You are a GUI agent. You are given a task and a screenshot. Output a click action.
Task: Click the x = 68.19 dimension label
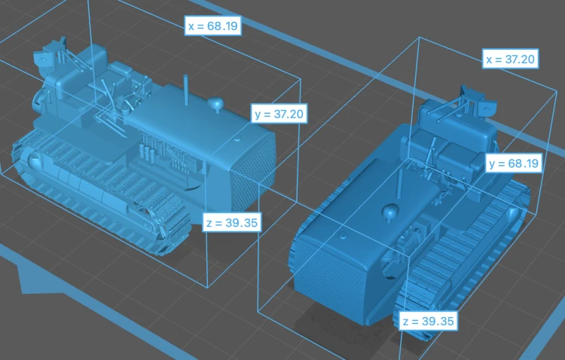click(212, 26)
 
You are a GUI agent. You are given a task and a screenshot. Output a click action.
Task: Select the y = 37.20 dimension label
click(279, 114)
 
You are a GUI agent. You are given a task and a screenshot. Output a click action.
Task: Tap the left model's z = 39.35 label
click(232, 222)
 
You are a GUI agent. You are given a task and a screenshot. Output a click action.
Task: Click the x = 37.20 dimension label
click(511, 59)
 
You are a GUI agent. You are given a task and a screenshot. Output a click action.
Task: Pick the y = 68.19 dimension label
click(514, 163)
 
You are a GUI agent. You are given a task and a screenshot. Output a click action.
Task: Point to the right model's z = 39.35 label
click(429, 321)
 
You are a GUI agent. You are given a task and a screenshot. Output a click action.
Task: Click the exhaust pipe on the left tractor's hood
click(186, 90)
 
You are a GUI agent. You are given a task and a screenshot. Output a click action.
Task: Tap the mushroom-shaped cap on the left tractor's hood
click(215, 104)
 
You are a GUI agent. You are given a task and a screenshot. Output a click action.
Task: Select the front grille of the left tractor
click(252, 173)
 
